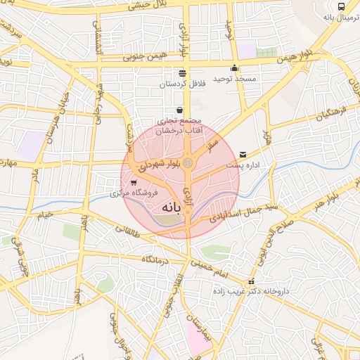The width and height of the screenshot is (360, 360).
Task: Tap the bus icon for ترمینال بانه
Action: [341, 6]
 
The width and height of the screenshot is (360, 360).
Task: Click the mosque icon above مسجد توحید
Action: [234, 68]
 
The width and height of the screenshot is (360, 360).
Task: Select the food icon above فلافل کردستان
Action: [183, 72]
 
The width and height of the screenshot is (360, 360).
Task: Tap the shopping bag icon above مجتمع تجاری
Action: [181, 110]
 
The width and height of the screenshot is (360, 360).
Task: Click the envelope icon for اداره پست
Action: [243, 154]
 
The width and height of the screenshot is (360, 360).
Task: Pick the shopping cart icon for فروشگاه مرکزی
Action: [134, 182]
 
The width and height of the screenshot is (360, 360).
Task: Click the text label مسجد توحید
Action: [235, 79]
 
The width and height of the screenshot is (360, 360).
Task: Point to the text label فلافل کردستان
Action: [183, 84]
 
